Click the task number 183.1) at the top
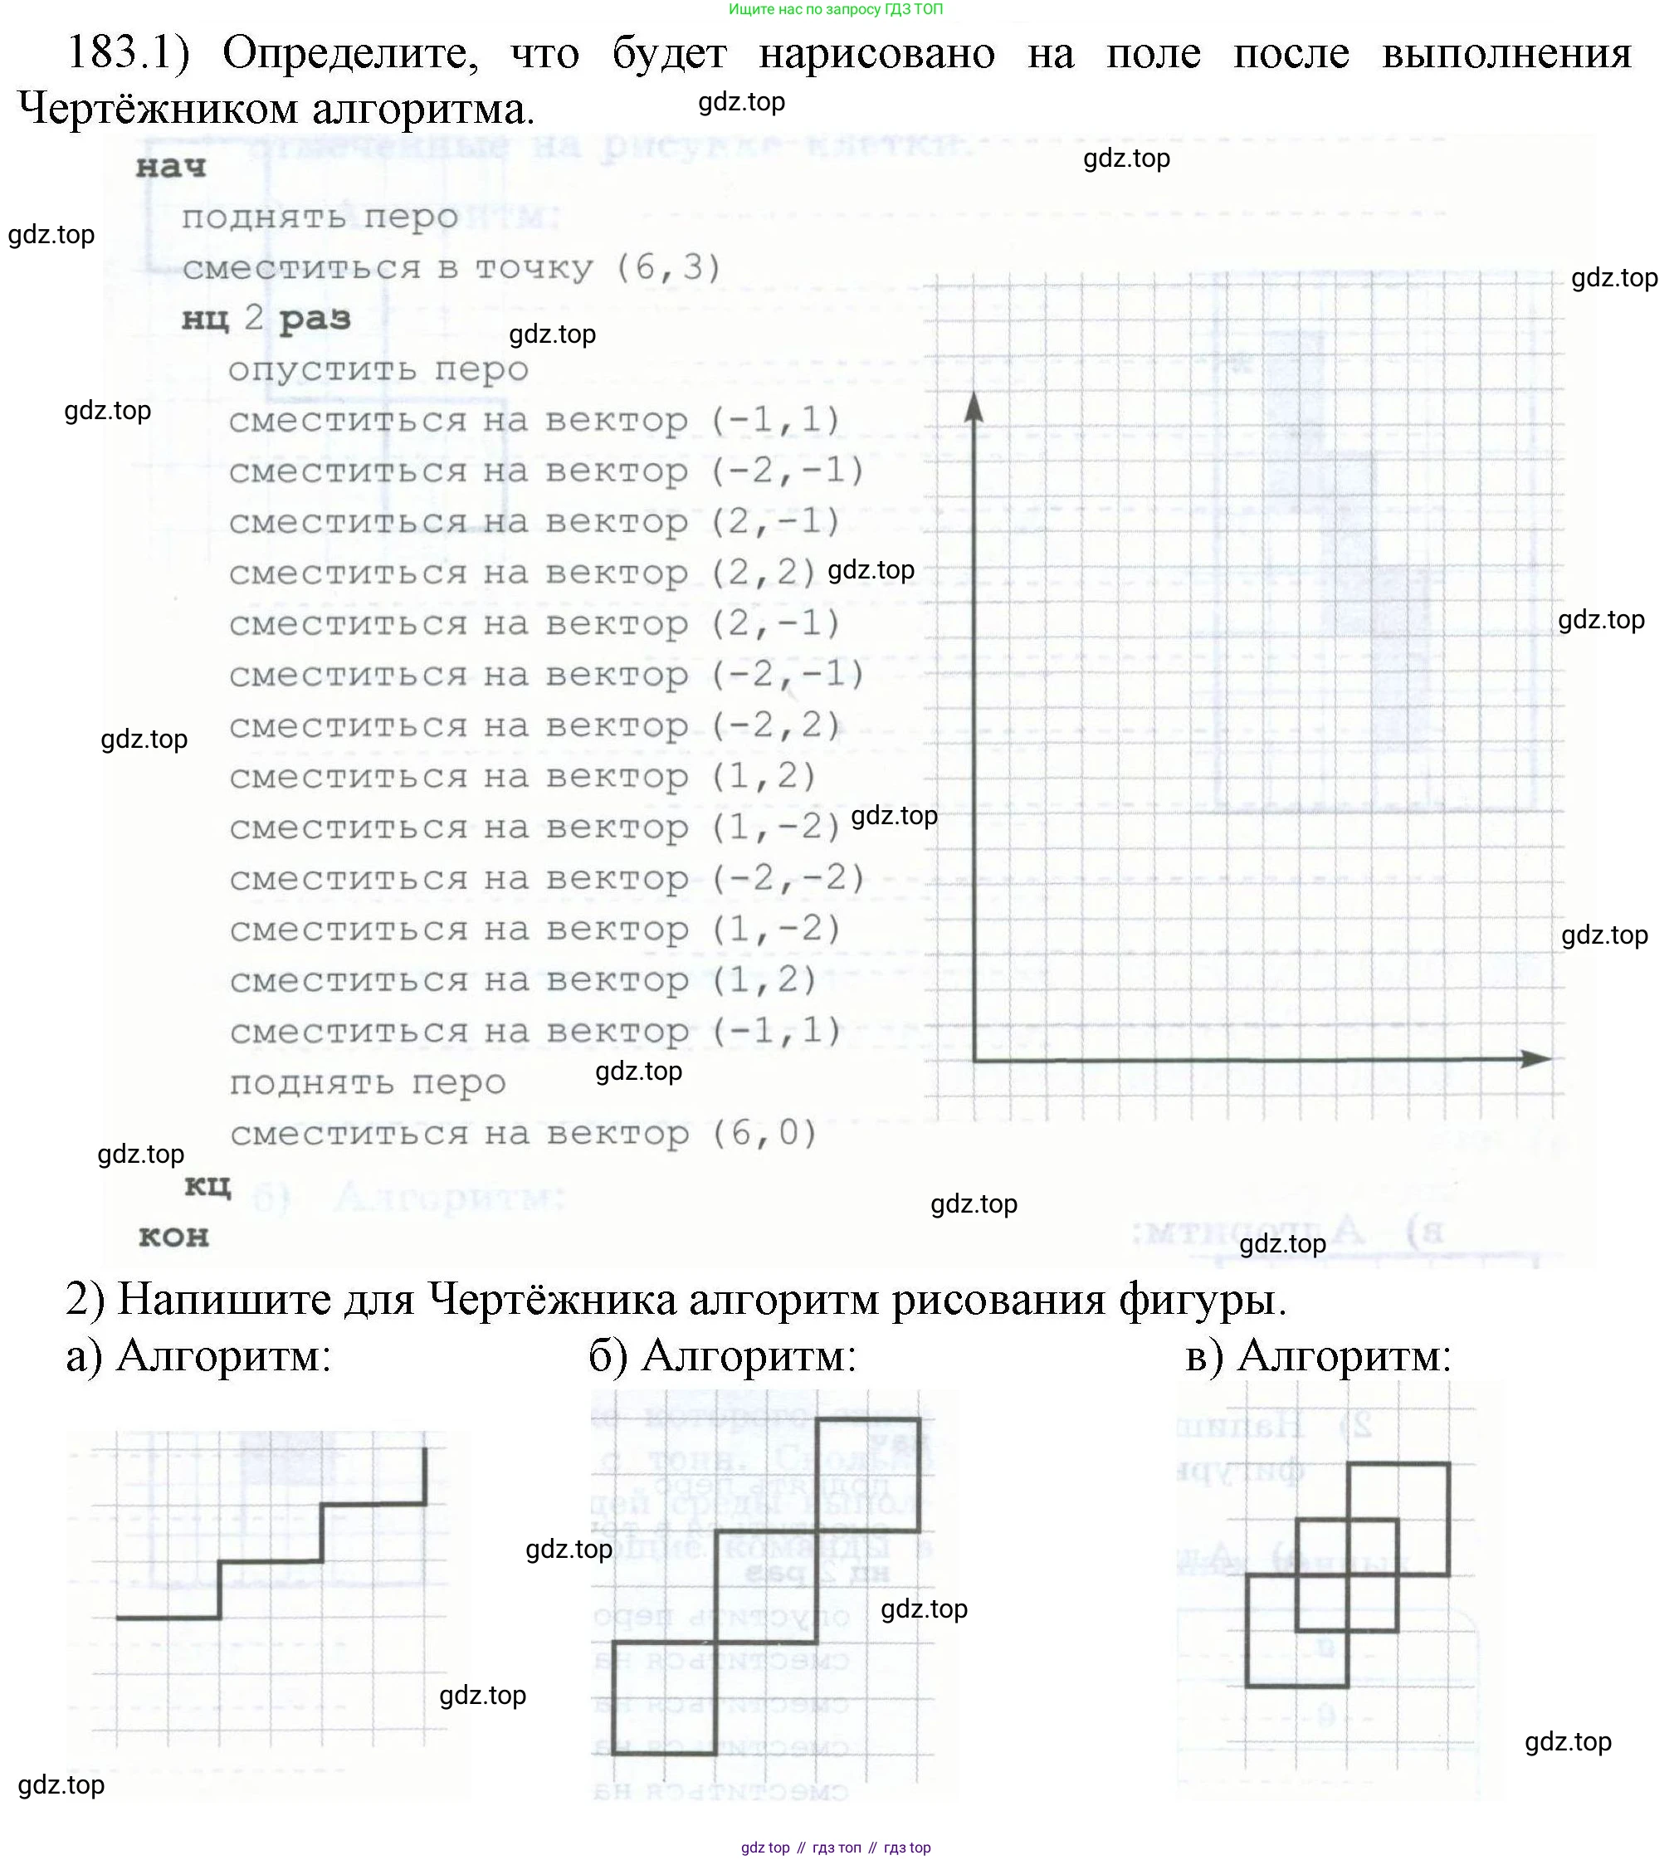[128, 52]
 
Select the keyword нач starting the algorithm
[171, 168]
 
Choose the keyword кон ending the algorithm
[173, 1237]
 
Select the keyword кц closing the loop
[207, 1185]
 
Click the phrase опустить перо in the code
[378, 370]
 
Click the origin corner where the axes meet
[975, 1060]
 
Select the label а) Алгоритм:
[198, 1356]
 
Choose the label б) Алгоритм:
[723, 1356]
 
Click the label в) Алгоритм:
[1318, 1356]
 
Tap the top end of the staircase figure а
[425, 1451]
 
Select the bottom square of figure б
[664, 1697]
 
